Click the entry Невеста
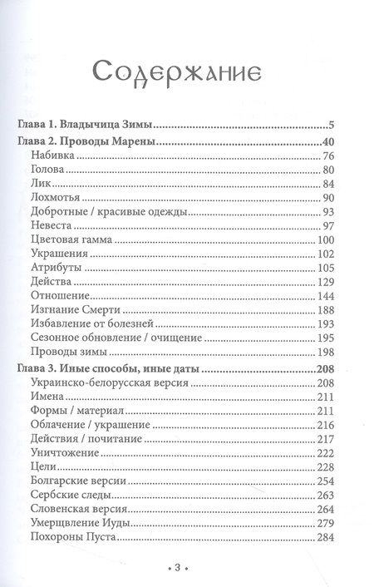(51, 227)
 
